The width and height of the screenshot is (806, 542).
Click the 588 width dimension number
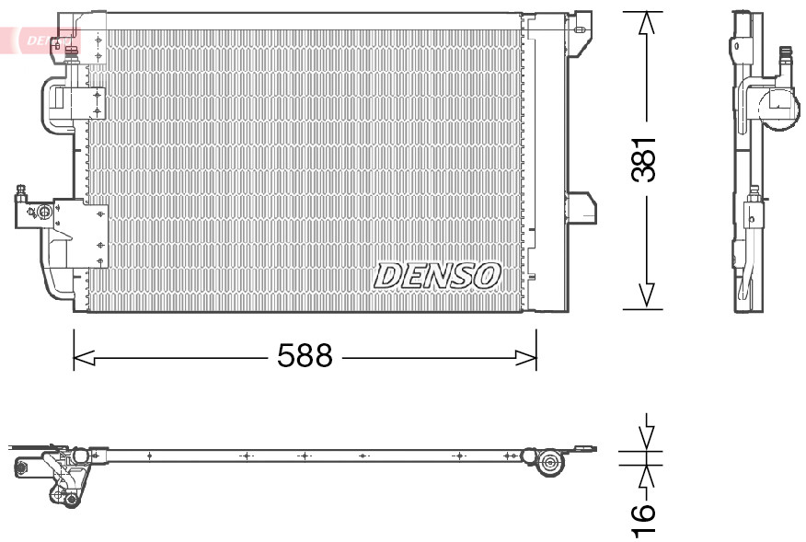[x=305, y=356]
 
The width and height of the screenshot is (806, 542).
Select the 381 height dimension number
[x=647, y=157]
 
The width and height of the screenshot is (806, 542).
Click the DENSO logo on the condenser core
[x=437, y=274]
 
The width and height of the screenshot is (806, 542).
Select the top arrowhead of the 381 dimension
[x=647, y=23]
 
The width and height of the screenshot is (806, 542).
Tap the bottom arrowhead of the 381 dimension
[x=647, y=294]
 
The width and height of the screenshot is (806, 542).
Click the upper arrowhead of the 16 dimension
[x=647, y=437]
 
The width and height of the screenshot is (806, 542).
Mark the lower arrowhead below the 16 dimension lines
[x=647, y=478]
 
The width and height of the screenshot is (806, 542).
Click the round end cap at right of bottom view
[x=551, y=463]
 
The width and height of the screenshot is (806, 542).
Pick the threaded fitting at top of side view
[x=786, y=57]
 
